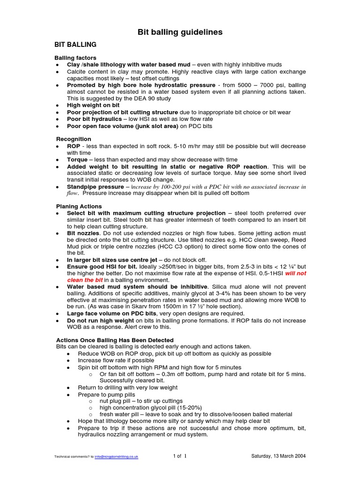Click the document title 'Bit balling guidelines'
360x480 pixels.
pos(180,32)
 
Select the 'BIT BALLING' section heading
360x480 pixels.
pos(76,45)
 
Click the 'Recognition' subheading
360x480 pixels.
pos(74,139)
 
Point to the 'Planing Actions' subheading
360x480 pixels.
pos(79,206)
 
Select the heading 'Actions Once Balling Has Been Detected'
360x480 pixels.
pos(115,340)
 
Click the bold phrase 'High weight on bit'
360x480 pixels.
pos(93,105)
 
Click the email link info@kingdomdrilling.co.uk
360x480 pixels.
pos(116,457)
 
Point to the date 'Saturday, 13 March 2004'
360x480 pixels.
pos(278,456)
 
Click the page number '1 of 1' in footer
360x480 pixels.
pos(180,456)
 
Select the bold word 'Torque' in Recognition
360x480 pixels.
pos(77,159)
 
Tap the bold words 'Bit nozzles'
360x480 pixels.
pos(83,233)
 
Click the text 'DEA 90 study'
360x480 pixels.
pos(153,98)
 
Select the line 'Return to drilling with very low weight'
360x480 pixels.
pos(127,388)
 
